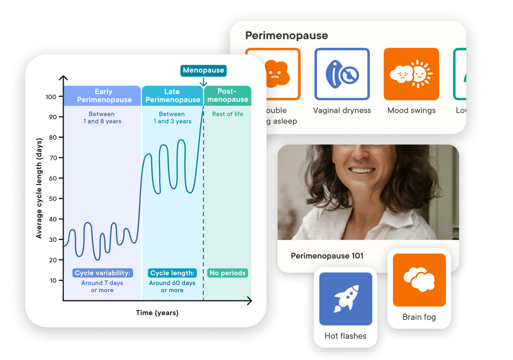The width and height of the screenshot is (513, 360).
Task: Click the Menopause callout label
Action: point(203,70)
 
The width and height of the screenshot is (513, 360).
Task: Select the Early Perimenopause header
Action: point(104,96)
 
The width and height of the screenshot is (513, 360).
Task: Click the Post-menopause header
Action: point(228,96)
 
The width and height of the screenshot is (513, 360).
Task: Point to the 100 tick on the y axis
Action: point(51,97)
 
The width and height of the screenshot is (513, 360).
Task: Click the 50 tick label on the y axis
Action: point(53,198)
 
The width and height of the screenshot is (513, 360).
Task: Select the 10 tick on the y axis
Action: point(53,281)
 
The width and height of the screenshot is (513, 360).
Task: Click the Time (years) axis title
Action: point(157,313)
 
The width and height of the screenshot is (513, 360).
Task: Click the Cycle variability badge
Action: point(102,273)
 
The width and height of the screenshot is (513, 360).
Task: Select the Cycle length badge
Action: point(172,273)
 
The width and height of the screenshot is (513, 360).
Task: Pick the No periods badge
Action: point(228,273)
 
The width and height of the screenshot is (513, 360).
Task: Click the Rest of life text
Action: point(228,114)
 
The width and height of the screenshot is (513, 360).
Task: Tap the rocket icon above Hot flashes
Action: point(345,299)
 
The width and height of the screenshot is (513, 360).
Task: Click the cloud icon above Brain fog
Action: point(419,280)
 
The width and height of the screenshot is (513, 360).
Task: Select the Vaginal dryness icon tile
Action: point(342,74)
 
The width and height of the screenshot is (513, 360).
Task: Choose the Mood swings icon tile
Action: point(411,74)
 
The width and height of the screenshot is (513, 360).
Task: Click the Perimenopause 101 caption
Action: point(327,256)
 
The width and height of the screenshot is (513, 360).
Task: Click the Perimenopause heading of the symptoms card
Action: point(287,35)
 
